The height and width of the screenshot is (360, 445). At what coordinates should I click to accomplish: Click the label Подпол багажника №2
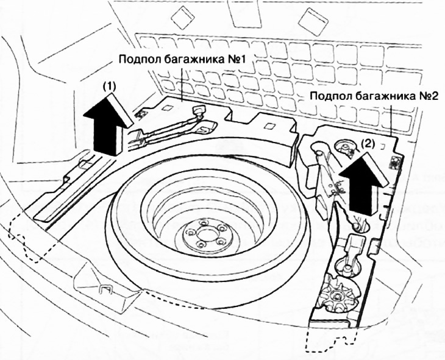point(374,96)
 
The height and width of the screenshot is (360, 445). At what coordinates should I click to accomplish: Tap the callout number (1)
point(109,86)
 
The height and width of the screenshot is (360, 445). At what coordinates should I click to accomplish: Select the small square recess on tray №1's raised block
point(268,125)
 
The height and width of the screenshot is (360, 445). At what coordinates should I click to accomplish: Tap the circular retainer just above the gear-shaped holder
point(347,264)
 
